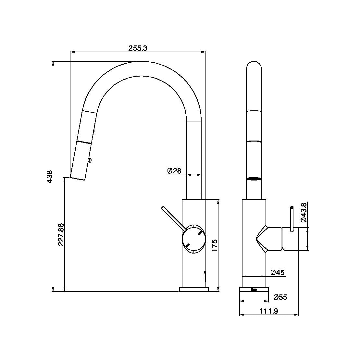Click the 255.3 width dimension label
click(x=138, y=48)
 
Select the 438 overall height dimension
click(x=50, y=177)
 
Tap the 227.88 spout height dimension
click(x=61, y=234)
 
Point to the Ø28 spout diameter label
click(x=174, y=171)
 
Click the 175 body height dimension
click(x=214, y=245)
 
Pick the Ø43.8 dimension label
click(x=304, y=212)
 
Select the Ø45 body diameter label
click(x=278, y=273)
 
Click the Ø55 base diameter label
click(x=280, y=297)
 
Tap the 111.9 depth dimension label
click(x=269, y=311)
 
